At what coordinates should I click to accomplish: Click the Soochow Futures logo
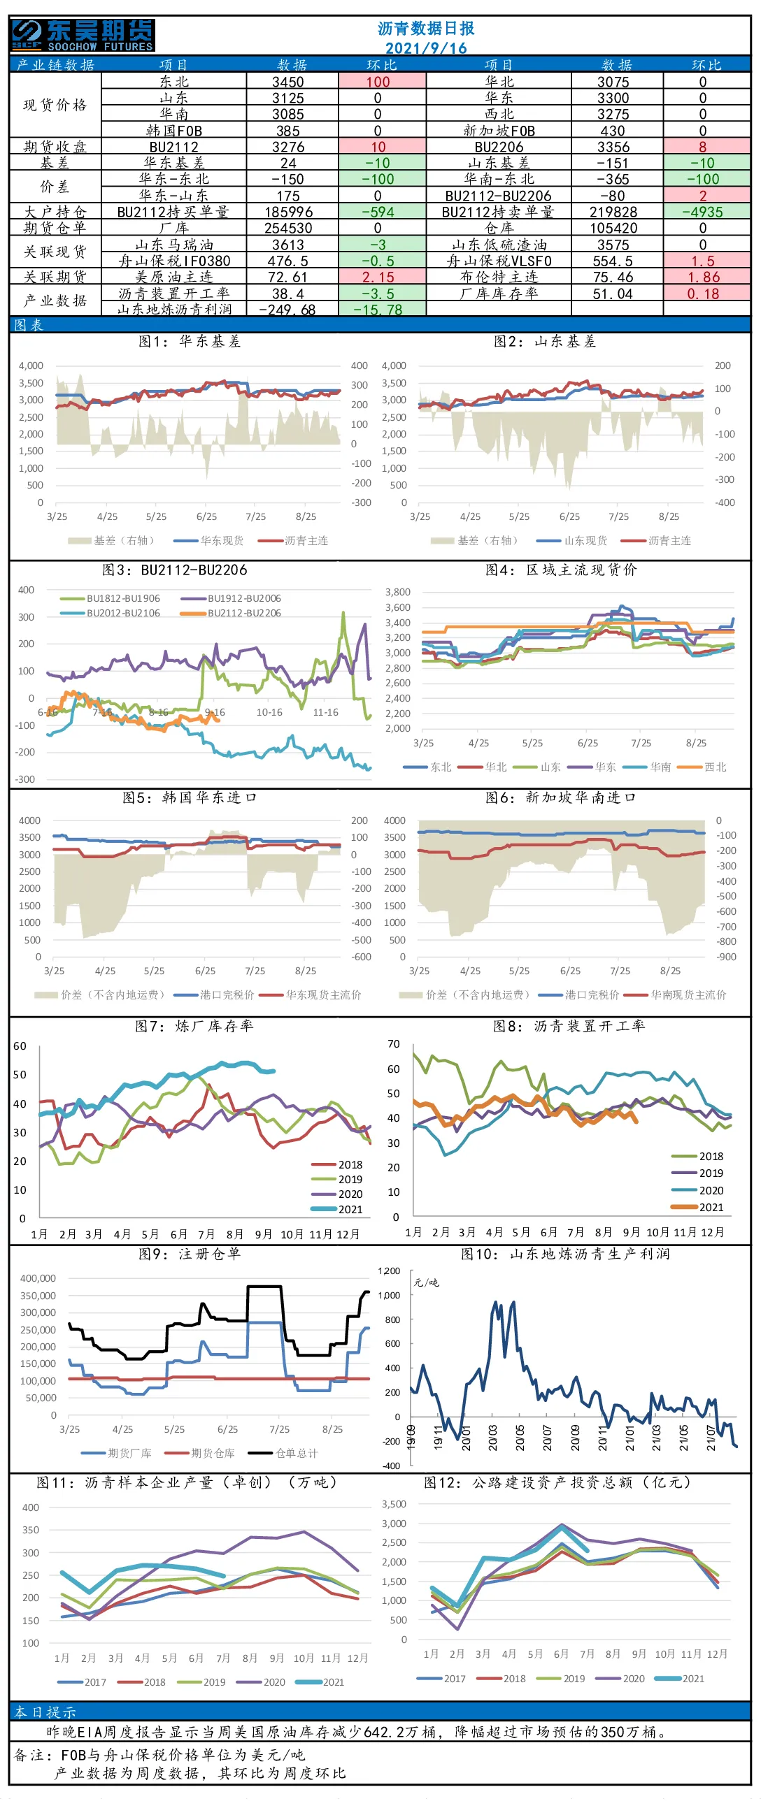(x=83, y=35)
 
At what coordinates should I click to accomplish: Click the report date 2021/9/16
(x=426, y=48)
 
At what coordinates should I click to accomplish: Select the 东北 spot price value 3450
(x=288, y=82)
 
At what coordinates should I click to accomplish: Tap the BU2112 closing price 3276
(x=288, y=147)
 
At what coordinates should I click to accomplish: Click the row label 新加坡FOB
(x=499, y=131)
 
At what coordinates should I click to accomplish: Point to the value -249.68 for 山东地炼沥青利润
(x=287, y=309)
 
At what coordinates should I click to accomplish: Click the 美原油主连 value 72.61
(x=287, y=277)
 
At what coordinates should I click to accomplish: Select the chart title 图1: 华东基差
(x=190, y=341)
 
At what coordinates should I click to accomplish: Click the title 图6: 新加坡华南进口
(x=561, y=797)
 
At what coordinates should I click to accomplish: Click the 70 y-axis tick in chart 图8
(x=394, y=1044)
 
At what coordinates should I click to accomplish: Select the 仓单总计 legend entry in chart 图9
(x=283, y=1453)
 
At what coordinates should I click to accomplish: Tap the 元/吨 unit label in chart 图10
(x=426, y=1282)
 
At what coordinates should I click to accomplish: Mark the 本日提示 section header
(x=45, y=1712)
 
